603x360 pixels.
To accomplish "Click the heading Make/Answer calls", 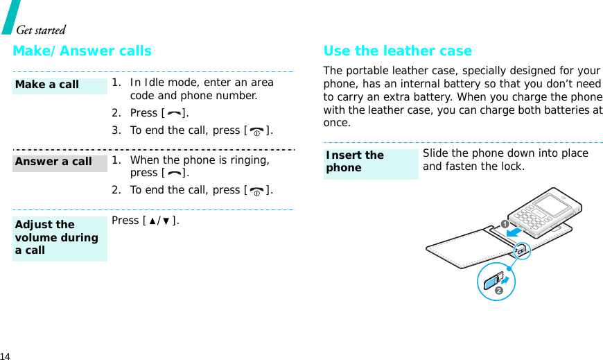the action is pos(82,51).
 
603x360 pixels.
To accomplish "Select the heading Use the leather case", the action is pos(397,51).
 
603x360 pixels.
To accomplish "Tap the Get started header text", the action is pos(40,30).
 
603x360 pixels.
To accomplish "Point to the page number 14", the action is pos(6,354).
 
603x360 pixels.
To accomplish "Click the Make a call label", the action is pos(47,85).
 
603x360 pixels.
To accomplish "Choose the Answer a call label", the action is pos(53,162).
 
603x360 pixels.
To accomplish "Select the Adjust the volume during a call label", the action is pos(57,237).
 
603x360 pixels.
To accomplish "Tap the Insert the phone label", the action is pos(355,162).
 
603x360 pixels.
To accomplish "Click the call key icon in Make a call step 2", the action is pos(173,114).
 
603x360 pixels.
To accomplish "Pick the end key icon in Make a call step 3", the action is pos(256,131).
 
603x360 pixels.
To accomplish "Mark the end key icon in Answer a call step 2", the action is pos(256,191).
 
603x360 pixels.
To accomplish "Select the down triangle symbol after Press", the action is pos(169,221).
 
